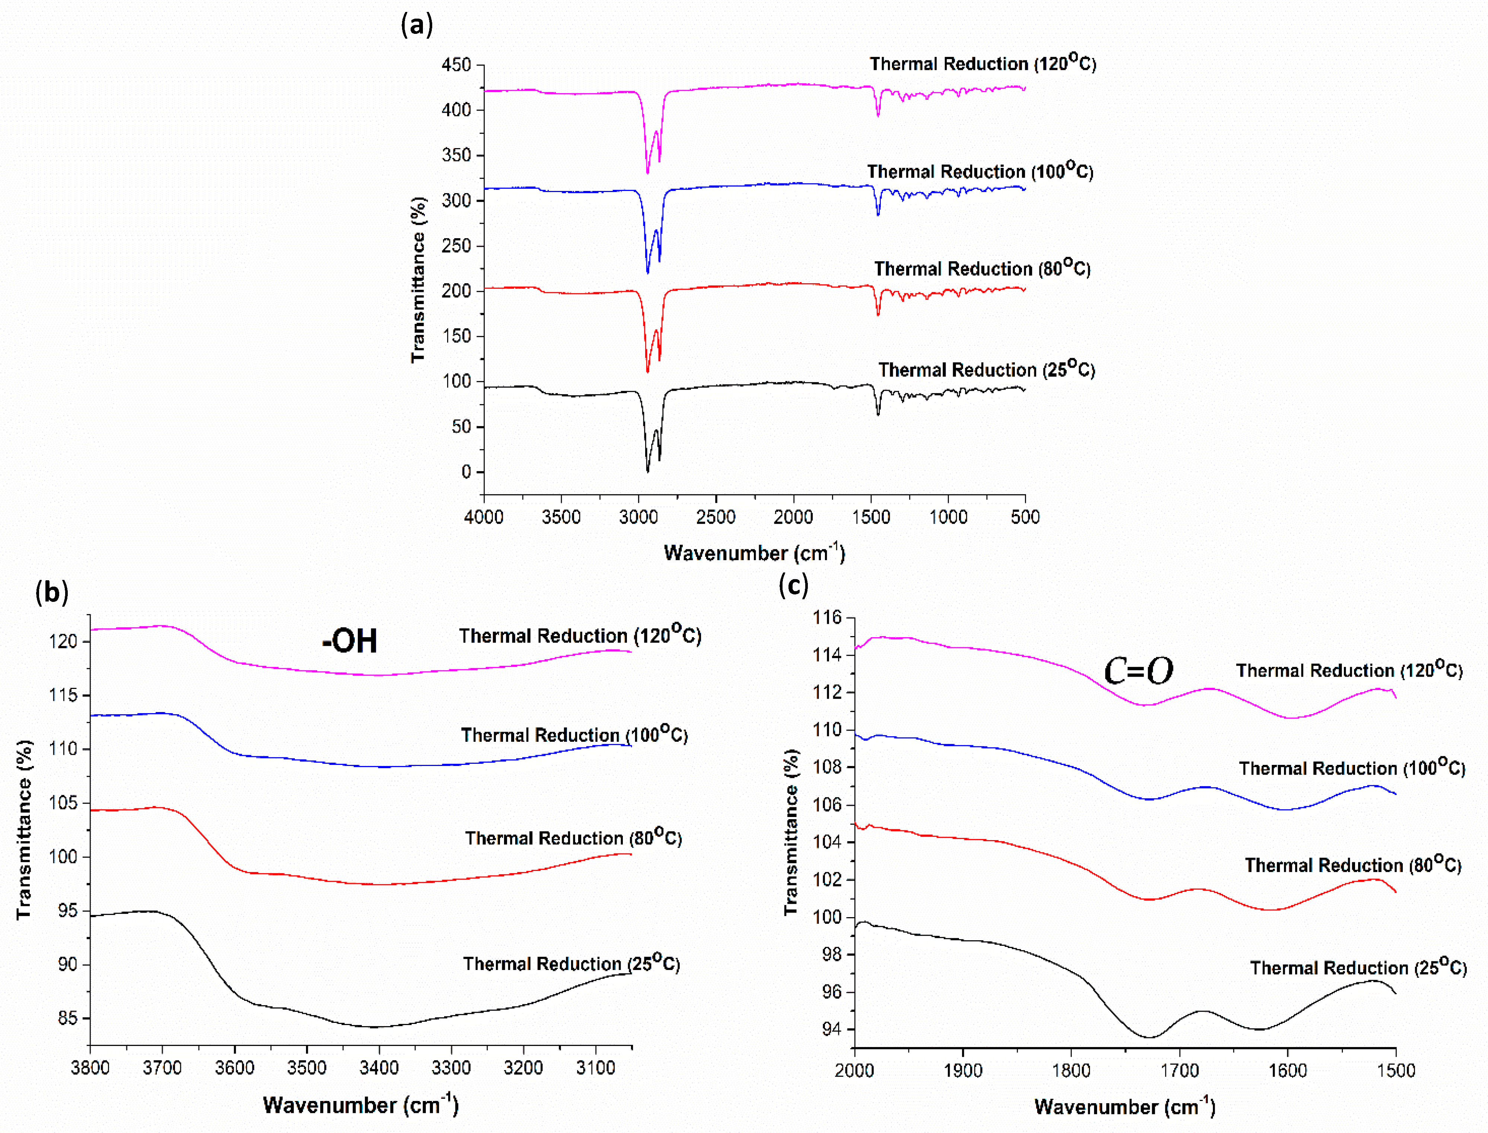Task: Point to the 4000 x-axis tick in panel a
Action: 484,517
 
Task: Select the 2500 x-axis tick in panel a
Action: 716,517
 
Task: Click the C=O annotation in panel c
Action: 1138,671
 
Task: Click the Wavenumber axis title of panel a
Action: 754,553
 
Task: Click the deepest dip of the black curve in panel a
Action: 647,471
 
